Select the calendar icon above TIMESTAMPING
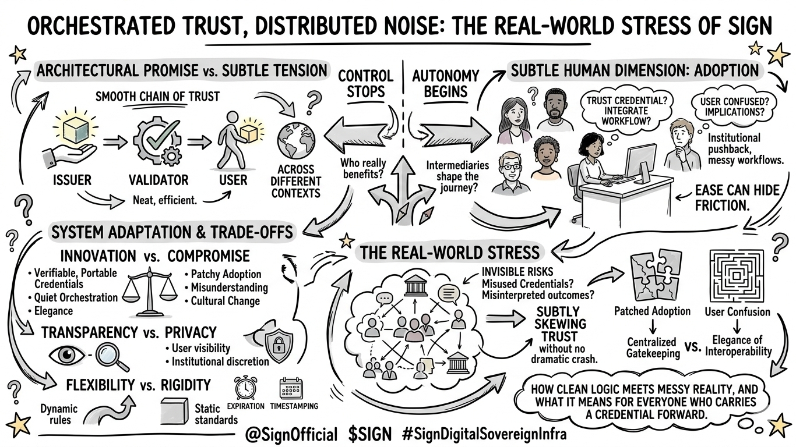(x=291, y=388)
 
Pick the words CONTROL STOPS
(x=366, y=84)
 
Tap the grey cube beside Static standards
(x=174, y=410)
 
